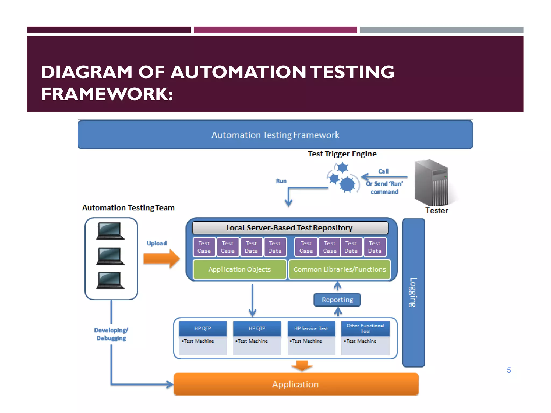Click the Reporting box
(x=337, y=300)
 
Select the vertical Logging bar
(x=414, y=293)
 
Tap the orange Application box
(x=296, y=384)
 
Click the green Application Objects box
(x=239, y=269)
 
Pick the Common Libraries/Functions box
(x=340, y=269)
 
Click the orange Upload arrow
(x=161, y=258)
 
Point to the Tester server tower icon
(x=432, y=183)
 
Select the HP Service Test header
(x=311, y=329)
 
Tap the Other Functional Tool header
(x=365, y=328)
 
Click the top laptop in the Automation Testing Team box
(x=110, y=231)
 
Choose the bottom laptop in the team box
(x=110, y=280)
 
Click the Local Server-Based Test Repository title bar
(x=290, y=228)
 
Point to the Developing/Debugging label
(x=111, y=334)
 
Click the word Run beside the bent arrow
(x=281, y=181)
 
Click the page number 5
(x=509, y=370)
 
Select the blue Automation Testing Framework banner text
(x=275, y=135)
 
